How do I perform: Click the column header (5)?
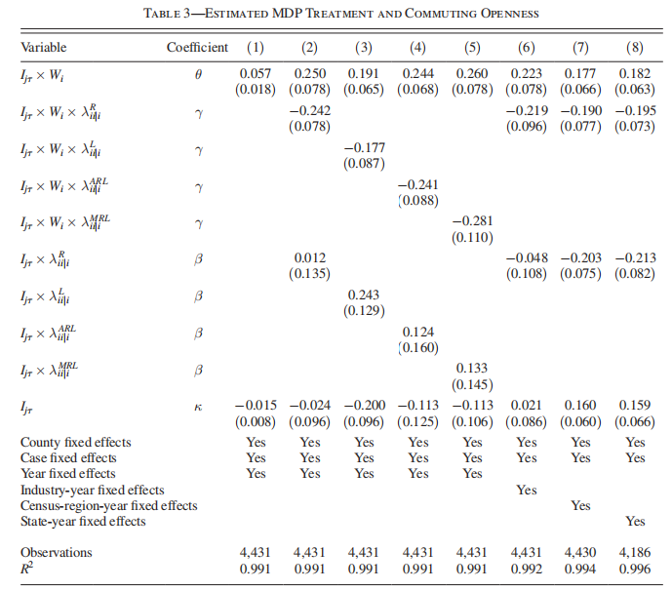click(472, 47)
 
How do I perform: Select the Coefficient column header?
click(197, 47)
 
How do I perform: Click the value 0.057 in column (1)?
click(255, 74)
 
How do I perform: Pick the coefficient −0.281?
click(472, 221)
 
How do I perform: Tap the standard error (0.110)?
click(472, 237)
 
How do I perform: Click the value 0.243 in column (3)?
click(364, 295)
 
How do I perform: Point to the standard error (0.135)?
click(309, 274)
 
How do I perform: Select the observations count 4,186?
click(635, 552)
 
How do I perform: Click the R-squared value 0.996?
click(635, 569)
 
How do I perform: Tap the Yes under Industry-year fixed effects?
click(527, 490)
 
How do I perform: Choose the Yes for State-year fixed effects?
click(635, 522)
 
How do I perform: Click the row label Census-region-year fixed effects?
click(109, 505)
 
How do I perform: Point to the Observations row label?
click(57, 552)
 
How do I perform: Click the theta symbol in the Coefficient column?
click(198, 74)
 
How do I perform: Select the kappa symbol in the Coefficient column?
click(198, 407)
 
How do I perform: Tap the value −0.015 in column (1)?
click(256, 406)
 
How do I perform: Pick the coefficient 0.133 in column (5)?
click(472, 369)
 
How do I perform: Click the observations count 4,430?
click(580, 552)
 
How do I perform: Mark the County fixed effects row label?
click(76, 442)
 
